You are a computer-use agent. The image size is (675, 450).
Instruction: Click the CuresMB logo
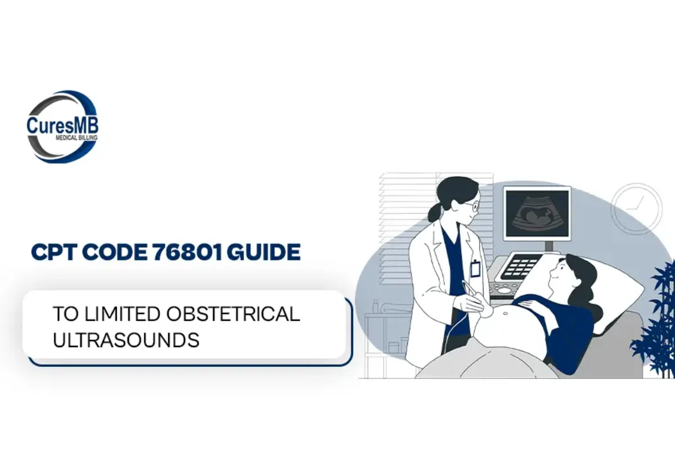click(62, 127)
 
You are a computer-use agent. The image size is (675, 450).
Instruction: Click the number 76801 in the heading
click(187, 252)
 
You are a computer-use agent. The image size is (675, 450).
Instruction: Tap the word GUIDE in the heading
click(264, 252)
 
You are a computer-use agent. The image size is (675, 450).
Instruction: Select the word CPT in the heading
click(53, 252)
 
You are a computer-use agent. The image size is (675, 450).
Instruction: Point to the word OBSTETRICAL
click(233, 314)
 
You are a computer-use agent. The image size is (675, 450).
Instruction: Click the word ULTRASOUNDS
click(126, 340)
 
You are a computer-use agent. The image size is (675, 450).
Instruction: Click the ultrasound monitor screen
click(537, 213)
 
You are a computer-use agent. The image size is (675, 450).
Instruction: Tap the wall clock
click(636, 209)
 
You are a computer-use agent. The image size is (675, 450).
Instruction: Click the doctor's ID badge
click(475, 268)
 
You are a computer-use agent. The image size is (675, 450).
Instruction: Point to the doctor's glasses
click(472, 207)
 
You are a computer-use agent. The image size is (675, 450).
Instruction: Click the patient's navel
click(505, 314)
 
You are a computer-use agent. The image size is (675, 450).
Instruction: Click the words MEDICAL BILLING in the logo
click(76, 138)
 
